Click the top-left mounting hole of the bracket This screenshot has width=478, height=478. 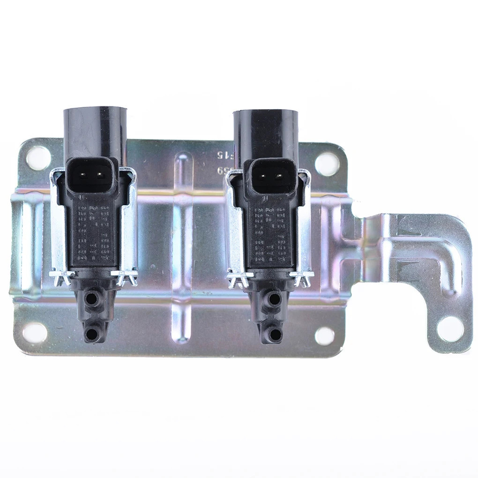[x=38, y=158]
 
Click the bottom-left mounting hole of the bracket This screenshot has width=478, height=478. [x=35, y=332]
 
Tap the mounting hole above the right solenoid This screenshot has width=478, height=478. [x=327, y=164]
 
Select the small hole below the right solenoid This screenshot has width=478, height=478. [x=325, y=336]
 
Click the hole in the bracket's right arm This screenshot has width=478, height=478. [x=450, y=329]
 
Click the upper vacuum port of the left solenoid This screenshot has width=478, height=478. [x=93, y=298]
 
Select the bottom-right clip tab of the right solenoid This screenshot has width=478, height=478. [x=301, y=278]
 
